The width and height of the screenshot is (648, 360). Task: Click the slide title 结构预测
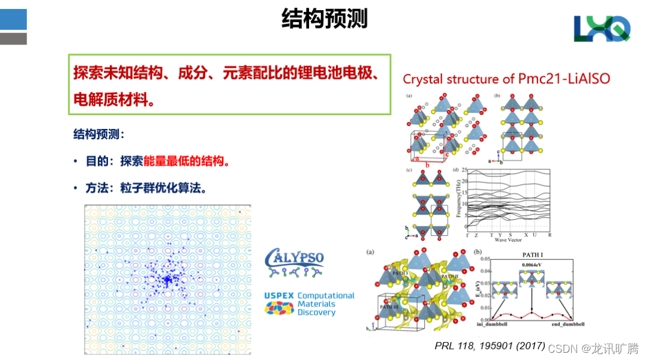pos(324,19)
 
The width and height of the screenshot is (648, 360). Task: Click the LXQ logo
pos(602,28)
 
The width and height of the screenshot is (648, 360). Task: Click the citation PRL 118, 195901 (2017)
pos(490,346)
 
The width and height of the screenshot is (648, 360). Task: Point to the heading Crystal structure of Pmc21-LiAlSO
pos(506,79)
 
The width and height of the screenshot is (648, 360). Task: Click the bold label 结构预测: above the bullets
pos(99,134)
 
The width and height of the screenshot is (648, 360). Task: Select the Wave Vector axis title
pos(509,240)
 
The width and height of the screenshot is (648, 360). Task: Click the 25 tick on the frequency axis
pos(463,170)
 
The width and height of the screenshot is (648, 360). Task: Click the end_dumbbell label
pos(568,325)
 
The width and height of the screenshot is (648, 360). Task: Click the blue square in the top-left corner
pos(13,19)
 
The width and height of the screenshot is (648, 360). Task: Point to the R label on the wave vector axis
pos(549,235)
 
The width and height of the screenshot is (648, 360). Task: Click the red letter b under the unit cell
pos(428,164)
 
